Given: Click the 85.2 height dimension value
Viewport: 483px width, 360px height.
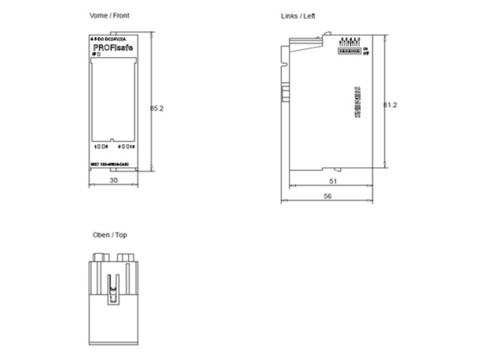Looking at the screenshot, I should [x=157, y=108].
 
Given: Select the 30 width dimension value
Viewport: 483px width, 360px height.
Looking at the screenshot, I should [x=113, y=180].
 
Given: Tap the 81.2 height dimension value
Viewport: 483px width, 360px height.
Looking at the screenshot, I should [x=391, y=104].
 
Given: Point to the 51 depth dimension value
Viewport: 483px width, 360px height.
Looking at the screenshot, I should [x=333, y=180].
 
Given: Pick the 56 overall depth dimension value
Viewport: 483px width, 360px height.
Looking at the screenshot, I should [x=328, y=196].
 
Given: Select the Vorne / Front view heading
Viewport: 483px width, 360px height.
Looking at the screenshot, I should [x=109, y=15].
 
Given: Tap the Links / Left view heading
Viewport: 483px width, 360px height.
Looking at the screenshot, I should [x=298, y=16].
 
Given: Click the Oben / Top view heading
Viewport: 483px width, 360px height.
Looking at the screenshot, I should [x=110, y=235].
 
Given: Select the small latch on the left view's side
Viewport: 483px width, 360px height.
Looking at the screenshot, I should [x=286, y=92].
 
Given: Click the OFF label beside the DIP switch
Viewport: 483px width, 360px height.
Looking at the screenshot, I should [x=365, y=53].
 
